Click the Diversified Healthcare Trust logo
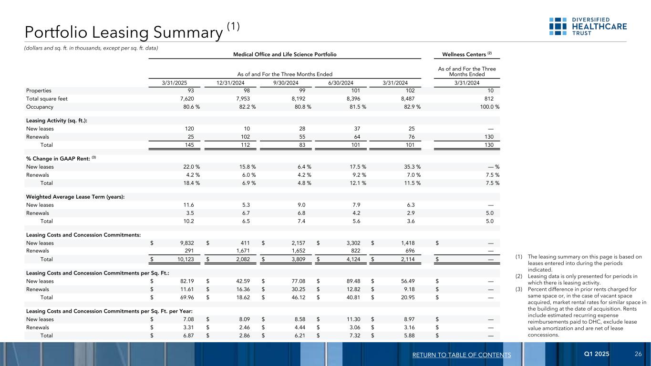tap(588, 27)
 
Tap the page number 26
tap(638, 355)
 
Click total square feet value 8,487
tap(405, 99)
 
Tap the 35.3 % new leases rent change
tap(411, 167)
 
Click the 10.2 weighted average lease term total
tap(189, 221)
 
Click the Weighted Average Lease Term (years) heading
tap(75, 197)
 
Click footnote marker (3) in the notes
tap(519, 289)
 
